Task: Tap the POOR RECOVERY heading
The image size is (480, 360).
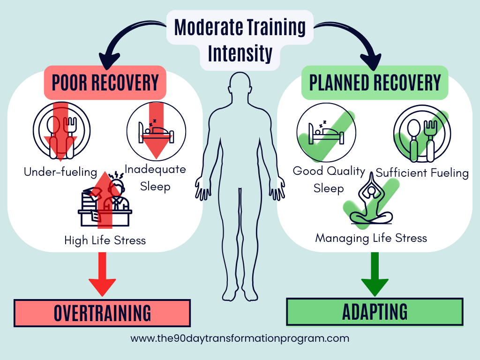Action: (x=105, y=82)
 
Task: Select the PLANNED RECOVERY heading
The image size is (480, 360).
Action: (x=375, y=82)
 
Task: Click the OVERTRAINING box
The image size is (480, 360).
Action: (x=102, y=313)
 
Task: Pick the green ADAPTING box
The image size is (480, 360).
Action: (x=375, y=312)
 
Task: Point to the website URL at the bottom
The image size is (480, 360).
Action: (x=240, y=338)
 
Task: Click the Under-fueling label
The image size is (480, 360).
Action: (x=60, y=172)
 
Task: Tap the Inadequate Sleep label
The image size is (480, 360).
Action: (x=155, y=177)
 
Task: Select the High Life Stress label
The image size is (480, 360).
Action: (x=105, y=240)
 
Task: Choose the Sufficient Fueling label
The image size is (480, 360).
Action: (x=422, y=172)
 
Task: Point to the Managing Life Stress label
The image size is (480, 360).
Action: (x=371, y=238)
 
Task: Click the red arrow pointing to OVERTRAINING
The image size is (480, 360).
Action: (x=102, y=274)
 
